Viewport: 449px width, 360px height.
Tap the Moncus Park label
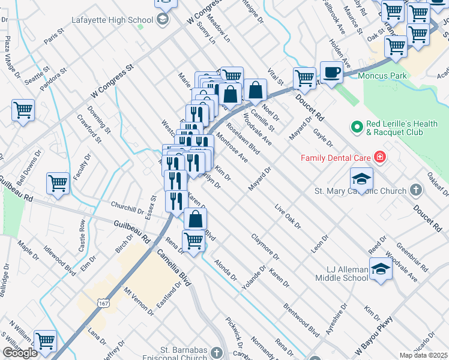coord(382,76)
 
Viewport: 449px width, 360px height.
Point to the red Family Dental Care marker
coord(379,158)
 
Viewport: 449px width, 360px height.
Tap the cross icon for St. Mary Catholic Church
coord(415,191)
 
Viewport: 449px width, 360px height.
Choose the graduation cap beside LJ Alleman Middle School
coord(380,268)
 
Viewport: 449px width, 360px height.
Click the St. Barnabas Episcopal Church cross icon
coord(217,353)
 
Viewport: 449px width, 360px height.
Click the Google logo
coord(20,353)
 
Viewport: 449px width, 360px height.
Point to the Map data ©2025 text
coord(423,355)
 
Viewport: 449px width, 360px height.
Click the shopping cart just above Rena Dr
coord(193,241)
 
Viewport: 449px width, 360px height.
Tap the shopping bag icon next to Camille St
coord(256,91)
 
